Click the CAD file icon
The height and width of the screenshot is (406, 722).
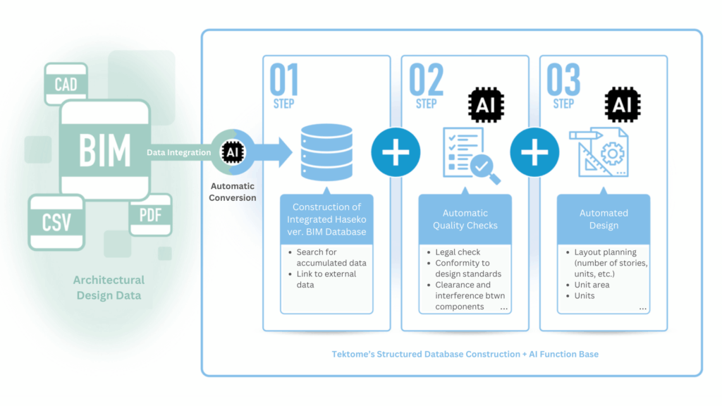click(66, 83)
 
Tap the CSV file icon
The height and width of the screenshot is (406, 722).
click(56, 222)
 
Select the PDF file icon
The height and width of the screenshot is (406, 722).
click(151, 215)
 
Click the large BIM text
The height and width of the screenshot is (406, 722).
click(104, 151)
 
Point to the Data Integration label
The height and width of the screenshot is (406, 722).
click(178, 152)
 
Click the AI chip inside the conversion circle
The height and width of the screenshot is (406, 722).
click(233, 152)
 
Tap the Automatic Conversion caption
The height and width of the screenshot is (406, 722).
click(233, 192)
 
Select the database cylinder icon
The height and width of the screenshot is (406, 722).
click(326, 152)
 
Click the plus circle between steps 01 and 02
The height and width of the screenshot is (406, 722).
click(396, 152)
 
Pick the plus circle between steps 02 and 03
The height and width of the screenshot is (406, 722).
click(534, 152)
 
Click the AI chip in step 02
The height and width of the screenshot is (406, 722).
click(486, 105)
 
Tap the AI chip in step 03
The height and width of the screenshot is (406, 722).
click(623, 105)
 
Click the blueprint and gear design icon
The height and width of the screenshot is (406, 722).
click(599, 152)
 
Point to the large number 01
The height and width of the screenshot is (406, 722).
click(284, 80)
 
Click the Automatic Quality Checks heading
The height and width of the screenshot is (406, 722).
click(465, 219)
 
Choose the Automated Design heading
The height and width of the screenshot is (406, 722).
click(604, 219)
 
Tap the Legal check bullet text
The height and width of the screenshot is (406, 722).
click(458, 252)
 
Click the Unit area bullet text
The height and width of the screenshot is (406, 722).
click(592, 285)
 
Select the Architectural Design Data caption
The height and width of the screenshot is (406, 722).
click(109, 288)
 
